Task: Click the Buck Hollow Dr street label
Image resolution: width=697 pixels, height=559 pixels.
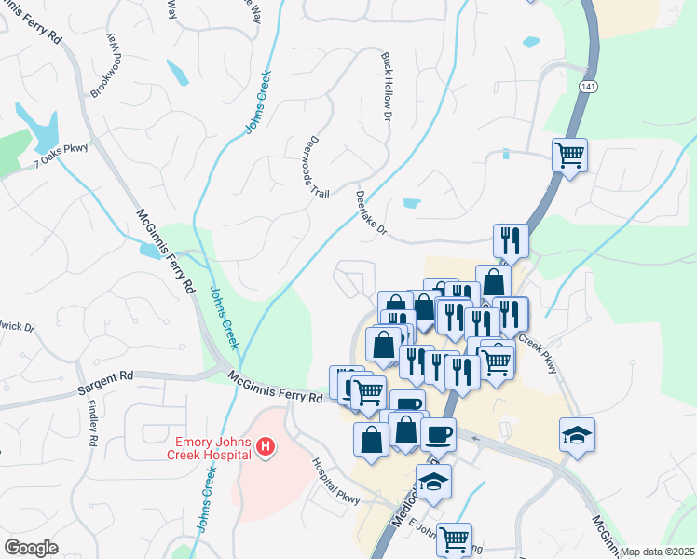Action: (386, 86)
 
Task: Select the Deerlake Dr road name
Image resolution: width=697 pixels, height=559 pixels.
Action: (370, 213)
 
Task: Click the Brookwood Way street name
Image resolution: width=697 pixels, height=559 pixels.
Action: (104, 64)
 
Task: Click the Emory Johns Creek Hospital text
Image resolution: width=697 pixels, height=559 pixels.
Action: (210, 448)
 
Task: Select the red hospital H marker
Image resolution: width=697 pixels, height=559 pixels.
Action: (266, 449)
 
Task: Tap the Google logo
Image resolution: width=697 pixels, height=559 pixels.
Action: (32, 548)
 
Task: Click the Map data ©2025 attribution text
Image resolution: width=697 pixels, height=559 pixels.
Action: (657, 552)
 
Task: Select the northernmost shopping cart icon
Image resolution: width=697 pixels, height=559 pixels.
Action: (569, 154)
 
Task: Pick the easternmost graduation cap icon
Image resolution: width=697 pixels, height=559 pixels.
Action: (577, 434)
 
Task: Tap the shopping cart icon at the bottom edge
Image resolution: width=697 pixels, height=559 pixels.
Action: (454, 538)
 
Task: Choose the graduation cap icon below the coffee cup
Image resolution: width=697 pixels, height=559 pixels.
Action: (434, 481)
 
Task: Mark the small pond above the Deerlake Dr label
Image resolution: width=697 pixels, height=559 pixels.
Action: (411, 202)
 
